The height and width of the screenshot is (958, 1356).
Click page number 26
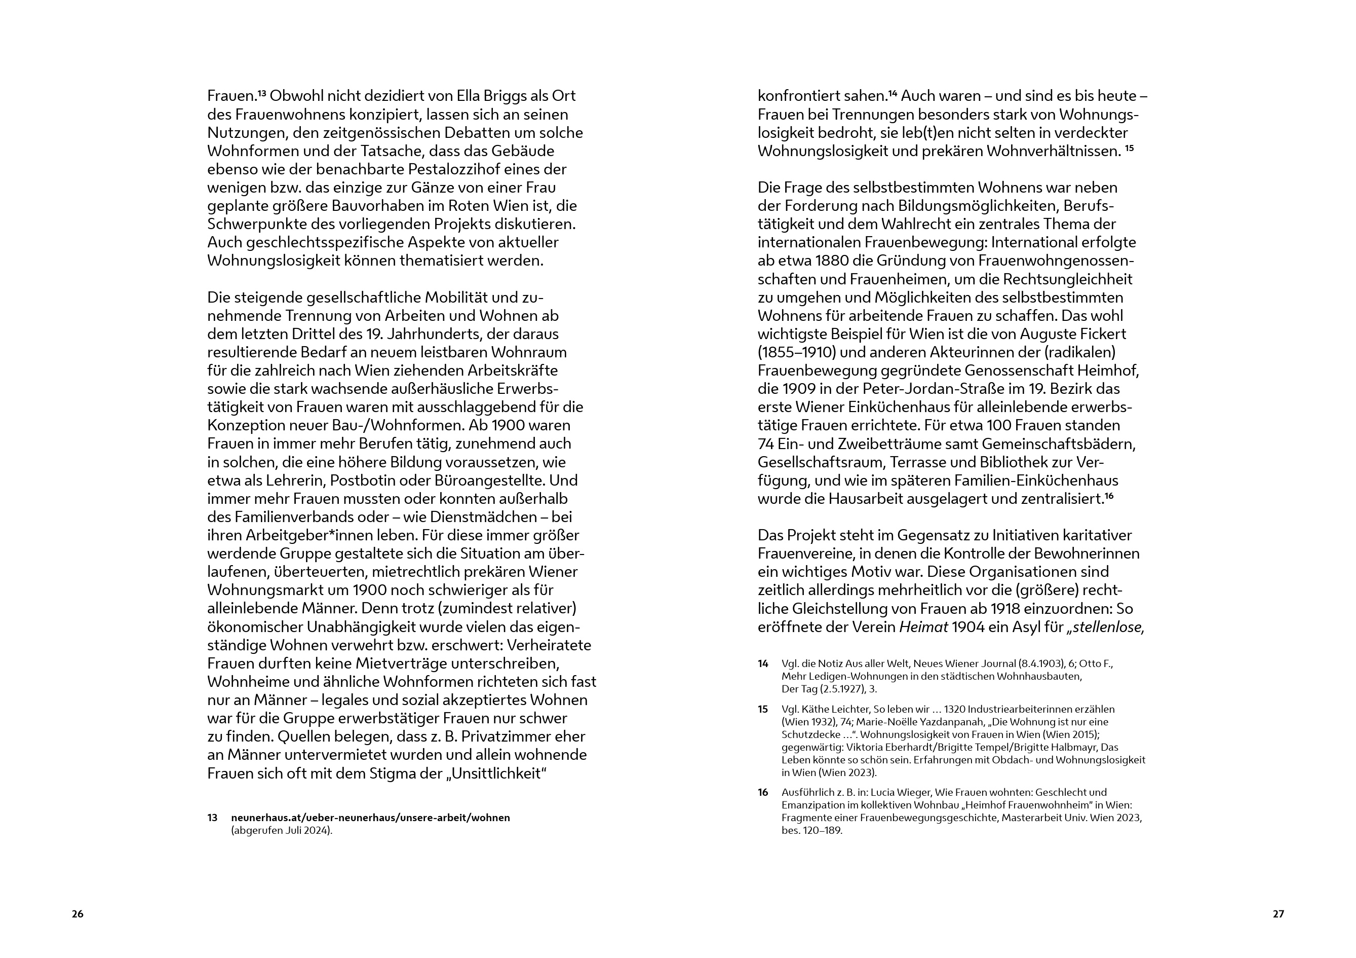click(x=78, y=914)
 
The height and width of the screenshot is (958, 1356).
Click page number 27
click(x=1278, y=914)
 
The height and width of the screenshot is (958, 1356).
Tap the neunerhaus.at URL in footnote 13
click(x=370, y=818)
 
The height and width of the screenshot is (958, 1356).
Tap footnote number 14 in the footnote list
click(x=763, y=664)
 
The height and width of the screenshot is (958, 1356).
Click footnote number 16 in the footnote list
click(x=763, y=793)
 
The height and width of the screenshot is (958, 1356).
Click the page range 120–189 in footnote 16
click(x=822, y=830)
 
